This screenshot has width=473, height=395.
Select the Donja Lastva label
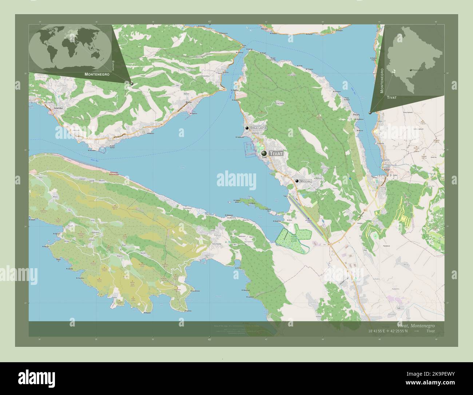tap(259, 128)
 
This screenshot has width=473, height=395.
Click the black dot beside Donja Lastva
tap(247, 128)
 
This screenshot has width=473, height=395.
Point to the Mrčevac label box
tap(306, 181)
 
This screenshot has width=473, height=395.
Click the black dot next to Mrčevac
tap(297, 181)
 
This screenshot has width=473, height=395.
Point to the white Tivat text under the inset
tap(392, 98)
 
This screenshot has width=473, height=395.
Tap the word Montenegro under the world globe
tap(97, 74)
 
